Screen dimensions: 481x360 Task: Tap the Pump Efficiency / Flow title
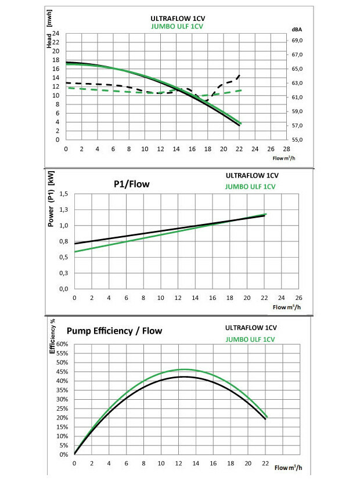114,331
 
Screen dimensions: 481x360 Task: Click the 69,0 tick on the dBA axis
298,41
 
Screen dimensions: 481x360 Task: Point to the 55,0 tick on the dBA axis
298,140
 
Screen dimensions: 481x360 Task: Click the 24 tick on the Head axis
56,34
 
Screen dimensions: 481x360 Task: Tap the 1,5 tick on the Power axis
64,193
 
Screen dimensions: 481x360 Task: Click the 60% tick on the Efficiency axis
61,344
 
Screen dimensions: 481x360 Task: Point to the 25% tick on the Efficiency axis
61,408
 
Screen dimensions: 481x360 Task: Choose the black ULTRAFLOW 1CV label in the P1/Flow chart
250,175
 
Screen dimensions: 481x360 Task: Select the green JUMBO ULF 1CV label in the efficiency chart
250,339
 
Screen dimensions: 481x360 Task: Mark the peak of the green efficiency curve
184,369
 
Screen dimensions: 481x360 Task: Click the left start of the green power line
75,251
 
